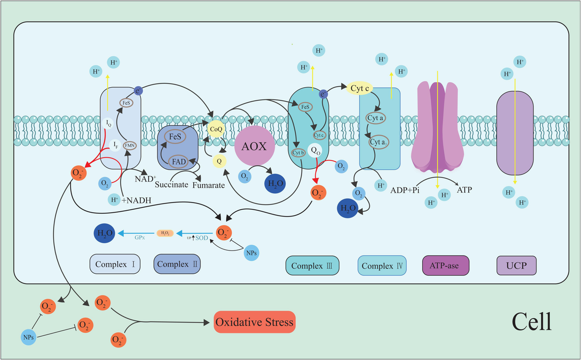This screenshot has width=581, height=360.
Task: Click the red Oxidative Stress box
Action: click(255, 322)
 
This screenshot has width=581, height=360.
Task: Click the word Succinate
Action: click(171, 185)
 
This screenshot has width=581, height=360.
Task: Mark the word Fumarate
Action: click(209, 185)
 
